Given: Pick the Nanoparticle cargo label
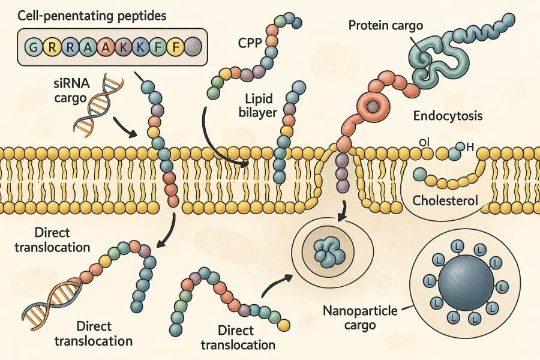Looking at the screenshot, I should click(356, 318).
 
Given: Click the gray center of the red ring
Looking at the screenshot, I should click(373, 107).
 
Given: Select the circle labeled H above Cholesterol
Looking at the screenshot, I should click(460, 146).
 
